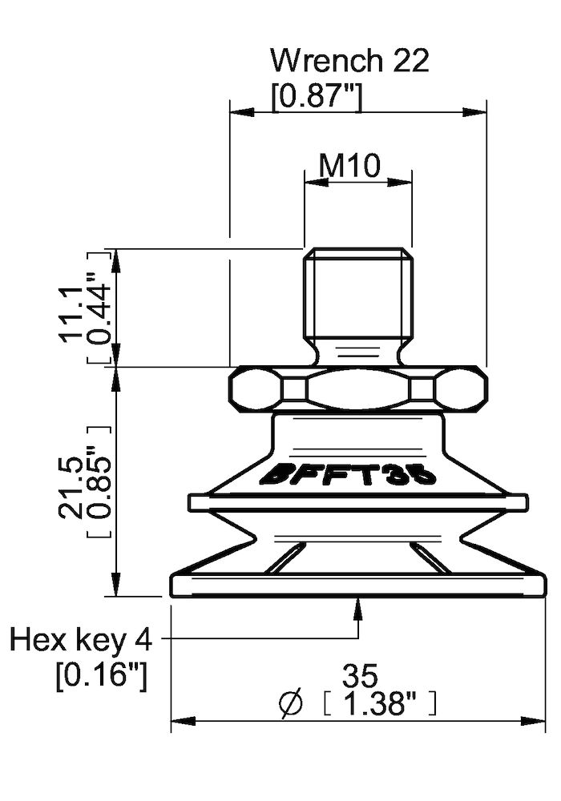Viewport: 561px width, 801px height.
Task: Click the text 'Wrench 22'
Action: [x=349, y=60]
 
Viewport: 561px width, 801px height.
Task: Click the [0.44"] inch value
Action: [x=99, y=308]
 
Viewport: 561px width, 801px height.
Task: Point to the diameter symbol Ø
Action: [x=291, y=704]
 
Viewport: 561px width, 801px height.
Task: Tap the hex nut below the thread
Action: [x=357, y=390]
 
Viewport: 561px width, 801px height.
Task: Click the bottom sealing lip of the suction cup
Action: [x=357, y=585]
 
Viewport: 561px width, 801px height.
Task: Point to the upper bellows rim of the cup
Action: [x=357, y=502]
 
